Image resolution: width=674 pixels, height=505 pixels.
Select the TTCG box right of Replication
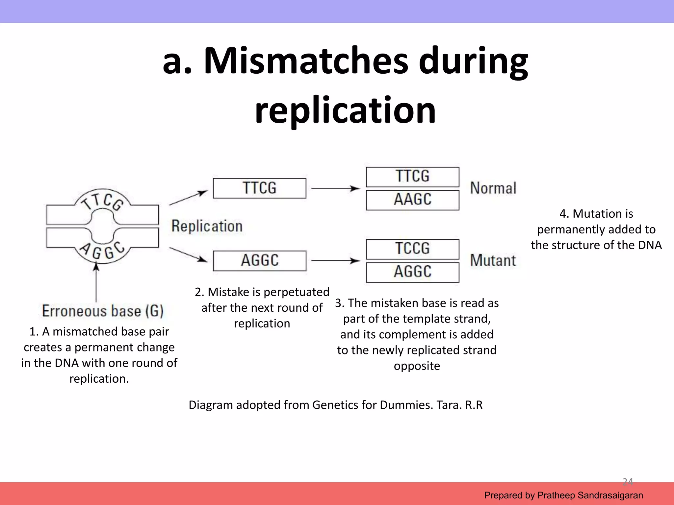pos(259,188)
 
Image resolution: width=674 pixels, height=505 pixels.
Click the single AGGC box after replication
pos(259,260)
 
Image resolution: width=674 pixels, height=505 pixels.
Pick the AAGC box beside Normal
pos(412,200)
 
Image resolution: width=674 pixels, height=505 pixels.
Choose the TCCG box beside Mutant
pos(412,249)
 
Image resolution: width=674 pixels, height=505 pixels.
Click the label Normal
pos(493,188)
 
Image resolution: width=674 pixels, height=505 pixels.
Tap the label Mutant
pos(493,260)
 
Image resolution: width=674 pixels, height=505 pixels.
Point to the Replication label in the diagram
pos(207,226)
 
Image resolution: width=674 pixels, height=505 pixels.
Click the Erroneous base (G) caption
pos(103,311)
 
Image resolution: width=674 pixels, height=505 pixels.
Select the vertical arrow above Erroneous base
pos(96,281)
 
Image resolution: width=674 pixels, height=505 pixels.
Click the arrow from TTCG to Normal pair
pos(335,188)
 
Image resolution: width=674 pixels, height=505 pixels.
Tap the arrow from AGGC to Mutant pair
pos(335,261)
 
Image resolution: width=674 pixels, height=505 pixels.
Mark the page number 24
pos(627,482)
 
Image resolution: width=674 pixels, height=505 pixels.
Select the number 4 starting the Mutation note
pos(563,214)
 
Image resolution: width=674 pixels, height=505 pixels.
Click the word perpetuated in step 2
pos(296,292)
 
